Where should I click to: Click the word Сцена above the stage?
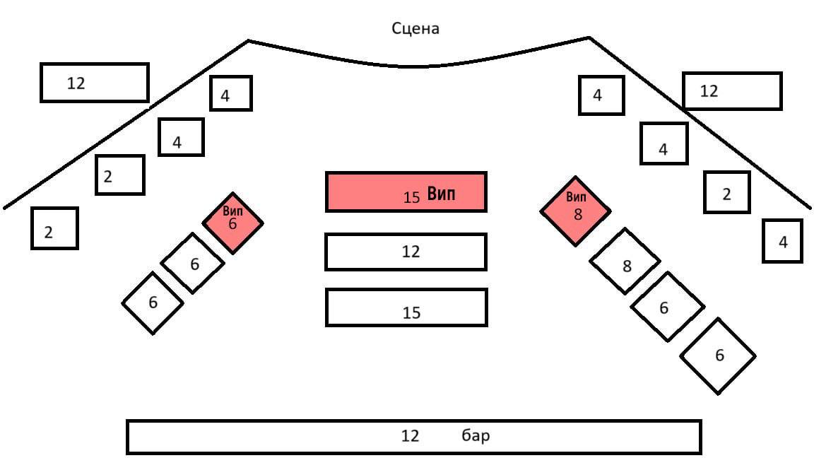click(x=415, y=29)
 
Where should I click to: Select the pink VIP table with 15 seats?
click(x=406, y=192)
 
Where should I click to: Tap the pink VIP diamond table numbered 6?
click(x=232, y=222)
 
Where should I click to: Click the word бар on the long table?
click(x=476, y=436)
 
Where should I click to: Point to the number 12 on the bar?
click(x=410, y=436)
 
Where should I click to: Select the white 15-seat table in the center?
click(x=406, y=307)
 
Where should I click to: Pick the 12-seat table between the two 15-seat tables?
click(x=406, y=252)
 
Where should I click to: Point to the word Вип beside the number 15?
click(x=442, y=195)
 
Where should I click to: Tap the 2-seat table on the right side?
click(x=726, y=192)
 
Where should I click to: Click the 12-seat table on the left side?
click(x=95, y=83)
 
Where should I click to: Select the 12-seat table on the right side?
click(x=732, y=91)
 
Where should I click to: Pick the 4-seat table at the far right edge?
click(x=783, y=241)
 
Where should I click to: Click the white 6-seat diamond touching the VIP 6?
click(x=193, y=263)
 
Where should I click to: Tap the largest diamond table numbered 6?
click(x=718, y=356)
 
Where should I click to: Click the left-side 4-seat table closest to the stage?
click(x=230, y=93)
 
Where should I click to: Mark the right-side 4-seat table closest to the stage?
click(x=601, y=95)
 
